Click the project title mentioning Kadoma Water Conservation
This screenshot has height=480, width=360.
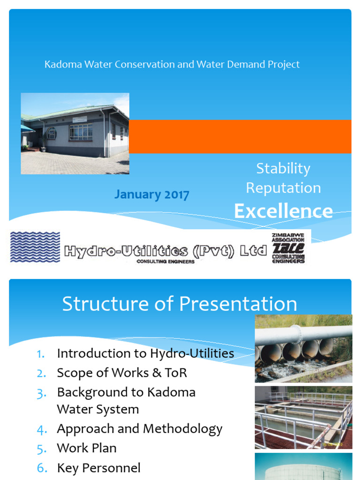click(172, 64)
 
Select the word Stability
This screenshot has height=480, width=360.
click(283, 168)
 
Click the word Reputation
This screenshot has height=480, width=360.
click(283, 188)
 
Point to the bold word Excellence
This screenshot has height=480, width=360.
click(283, 211)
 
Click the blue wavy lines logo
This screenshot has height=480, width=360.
click(35, 247)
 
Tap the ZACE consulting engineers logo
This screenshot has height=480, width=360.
click(288, 247)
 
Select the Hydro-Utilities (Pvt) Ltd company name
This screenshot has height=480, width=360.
click(165, 251)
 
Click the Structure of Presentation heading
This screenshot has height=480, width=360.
click(180, 304)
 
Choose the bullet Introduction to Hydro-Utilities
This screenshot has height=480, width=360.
click(145, 353)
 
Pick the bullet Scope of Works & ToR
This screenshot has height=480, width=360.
click(122, 373)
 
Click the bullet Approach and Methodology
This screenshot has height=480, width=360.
click(140, 428)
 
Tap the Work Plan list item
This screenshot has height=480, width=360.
click(87, 448)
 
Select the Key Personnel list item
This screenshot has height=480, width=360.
click(98, 467)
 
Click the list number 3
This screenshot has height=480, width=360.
click(41, 392)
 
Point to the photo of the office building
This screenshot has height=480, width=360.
click(75, 134)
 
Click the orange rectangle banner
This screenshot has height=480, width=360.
click(240, 136)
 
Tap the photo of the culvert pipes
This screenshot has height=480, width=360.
click(303, 348)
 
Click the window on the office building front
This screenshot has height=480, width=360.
click(81, 132)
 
